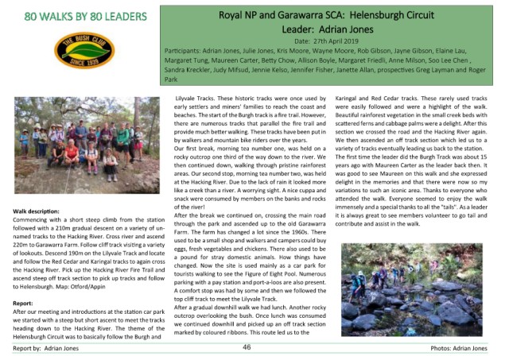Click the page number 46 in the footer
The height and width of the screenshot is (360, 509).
coord(247,347)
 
